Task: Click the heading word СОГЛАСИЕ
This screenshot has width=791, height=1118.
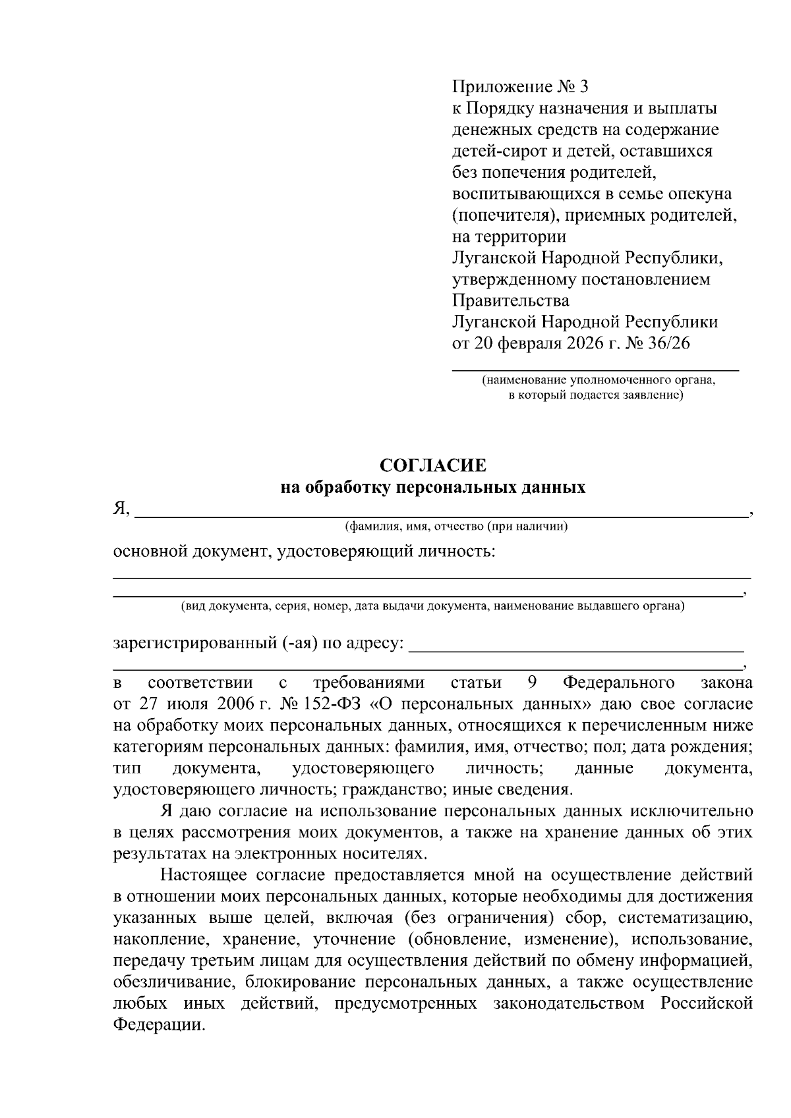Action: click(433, 466)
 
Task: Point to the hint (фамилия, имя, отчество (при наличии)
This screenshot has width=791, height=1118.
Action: click(456, 526)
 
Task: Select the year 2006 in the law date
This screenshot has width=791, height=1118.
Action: click(236, 704)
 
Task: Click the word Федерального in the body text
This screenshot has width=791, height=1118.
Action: click(619, 683)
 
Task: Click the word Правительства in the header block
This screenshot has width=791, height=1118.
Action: click(510, 300)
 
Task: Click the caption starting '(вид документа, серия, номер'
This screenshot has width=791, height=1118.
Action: click(432, 606)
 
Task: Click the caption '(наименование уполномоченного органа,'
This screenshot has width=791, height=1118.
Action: click(599, 380)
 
